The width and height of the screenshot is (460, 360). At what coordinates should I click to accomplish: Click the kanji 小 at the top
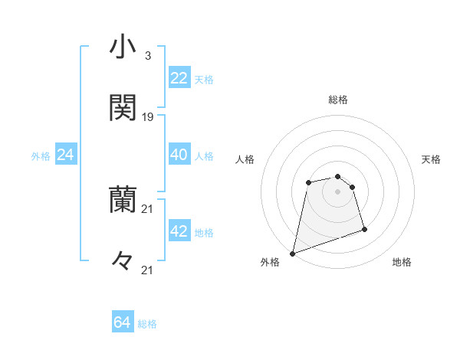123,47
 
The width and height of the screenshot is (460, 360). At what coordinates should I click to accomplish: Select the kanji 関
123,108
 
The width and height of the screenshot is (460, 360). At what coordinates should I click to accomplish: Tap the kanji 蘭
123,200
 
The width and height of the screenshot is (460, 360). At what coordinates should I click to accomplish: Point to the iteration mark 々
123,261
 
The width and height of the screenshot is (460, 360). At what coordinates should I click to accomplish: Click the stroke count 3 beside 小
147,56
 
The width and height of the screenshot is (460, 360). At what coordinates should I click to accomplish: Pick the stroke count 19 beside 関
148,117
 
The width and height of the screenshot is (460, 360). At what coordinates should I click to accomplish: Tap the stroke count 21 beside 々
148,270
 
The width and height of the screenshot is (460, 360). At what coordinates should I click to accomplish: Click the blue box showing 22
179,78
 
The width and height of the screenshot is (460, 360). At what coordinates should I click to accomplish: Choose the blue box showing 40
179,155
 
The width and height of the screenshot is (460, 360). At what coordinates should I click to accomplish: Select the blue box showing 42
179,231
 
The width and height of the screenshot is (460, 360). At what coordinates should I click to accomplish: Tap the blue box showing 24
66,155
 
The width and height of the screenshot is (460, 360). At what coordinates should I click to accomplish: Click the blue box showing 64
123,322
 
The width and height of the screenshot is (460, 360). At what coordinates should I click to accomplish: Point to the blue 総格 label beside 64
148,324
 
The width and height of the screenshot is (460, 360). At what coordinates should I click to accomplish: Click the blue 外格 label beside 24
41,156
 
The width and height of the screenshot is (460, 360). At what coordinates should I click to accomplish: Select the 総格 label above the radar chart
338,100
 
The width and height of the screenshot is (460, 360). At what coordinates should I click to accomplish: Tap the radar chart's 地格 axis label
402,263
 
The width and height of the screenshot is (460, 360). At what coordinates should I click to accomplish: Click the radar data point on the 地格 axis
364,229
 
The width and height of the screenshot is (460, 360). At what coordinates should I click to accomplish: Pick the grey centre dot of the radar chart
337,191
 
